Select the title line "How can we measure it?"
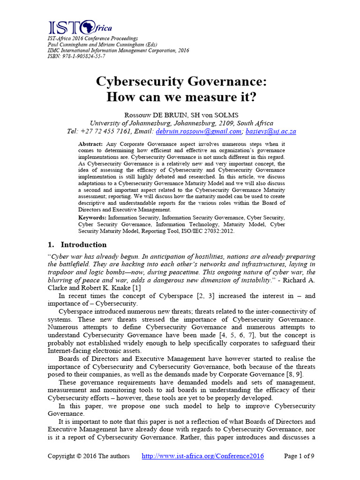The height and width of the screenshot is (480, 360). pos(180,97)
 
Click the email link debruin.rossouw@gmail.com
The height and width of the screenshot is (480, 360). pos(199,132)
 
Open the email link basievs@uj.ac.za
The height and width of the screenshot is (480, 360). pos(270,132)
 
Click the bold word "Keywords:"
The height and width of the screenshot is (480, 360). pos(93,218)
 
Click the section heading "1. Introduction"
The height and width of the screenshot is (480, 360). pos(77,245)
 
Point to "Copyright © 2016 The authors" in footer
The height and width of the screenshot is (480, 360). pos(89,456)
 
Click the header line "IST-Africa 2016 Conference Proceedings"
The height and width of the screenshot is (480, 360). pos(93,38)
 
